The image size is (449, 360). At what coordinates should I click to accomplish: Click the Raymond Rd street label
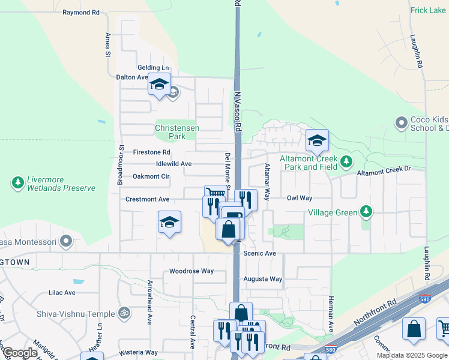pyautogui.click(x=81, y=12)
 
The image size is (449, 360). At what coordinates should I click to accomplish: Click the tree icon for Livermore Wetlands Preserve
pyautogui.click(x=17, y=181)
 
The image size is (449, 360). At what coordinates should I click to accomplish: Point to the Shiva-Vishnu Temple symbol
pyautogui.click(x=124, y=313)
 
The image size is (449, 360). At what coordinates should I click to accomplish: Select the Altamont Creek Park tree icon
pyautogui.click(x=346, y=161)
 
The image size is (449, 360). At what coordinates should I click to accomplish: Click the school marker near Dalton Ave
pyautogui.click(x=159, y=85)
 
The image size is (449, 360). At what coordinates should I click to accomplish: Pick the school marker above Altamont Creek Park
pyautogui.click(x=317, y=141)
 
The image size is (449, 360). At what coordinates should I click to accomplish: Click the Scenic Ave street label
pyautogui.click(x=259, y=254)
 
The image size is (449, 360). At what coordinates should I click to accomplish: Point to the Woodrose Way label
pyautogui.click(x=191, y=271)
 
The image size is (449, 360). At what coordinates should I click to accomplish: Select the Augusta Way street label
pyautogui.click(x=262, y=279)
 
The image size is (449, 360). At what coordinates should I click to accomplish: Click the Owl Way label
pyautogui.click(x=300, y=197)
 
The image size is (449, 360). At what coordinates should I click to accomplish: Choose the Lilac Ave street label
pyautogui.click(x=62, y=293)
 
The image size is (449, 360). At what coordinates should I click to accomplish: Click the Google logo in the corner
pyautogui.click(x=20, y=353)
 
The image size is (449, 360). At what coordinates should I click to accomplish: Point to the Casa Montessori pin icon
pyautogui.click(x=66, y=242)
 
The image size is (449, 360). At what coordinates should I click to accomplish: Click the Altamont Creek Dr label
pyautogui.click(x=384, y=171)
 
